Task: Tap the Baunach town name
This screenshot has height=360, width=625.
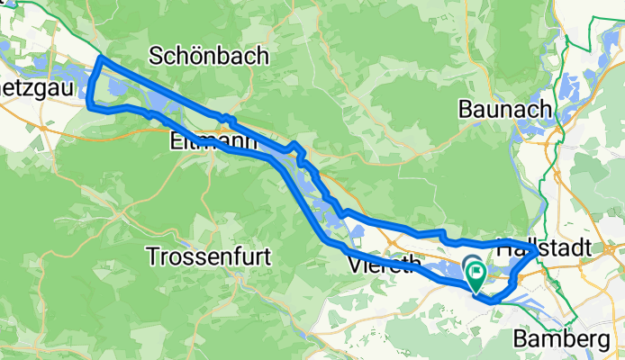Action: point(504,109)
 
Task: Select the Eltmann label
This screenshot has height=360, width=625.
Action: point(204,141)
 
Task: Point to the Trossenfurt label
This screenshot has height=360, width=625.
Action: point(209,256)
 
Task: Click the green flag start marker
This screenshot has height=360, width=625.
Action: point(476,273)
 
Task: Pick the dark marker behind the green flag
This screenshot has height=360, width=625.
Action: point(469,264)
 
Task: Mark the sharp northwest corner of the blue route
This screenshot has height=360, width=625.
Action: point(99,58)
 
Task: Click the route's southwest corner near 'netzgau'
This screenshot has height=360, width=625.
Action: point(89,105)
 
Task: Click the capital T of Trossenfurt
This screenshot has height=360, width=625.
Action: point(152,256)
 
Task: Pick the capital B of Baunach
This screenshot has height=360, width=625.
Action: point(465,109)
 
